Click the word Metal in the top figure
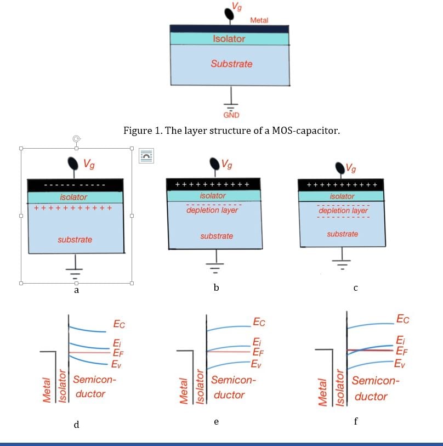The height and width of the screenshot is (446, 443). tap(259, 20)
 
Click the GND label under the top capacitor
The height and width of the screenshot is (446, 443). tap(231, 115)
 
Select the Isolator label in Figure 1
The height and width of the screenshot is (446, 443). tap(229, 39)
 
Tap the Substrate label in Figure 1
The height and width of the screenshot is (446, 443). tap(231, 64)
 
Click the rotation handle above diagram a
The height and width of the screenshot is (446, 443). tap(76, 139)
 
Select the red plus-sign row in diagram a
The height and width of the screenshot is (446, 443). tap(73, 208)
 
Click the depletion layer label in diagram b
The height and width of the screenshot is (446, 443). tap(212, 210)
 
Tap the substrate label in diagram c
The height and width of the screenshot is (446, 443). tap(342, 234)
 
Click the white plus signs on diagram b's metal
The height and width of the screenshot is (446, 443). tap(212, 184)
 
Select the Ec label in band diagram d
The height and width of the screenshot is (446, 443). tap(119, 325)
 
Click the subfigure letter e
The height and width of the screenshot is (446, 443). tap(217, 421)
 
